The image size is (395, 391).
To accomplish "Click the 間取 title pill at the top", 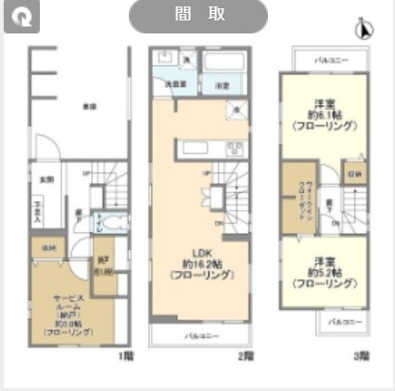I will (197, 16).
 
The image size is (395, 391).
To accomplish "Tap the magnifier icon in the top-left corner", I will (21, 18).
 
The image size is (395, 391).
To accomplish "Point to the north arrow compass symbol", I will (364, 29).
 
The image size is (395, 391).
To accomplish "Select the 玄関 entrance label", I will (45, 178).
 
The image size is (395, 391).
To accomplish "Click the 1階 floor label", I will (125, 356).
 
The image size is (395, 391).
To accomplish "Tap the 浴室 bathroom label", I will (223, 85).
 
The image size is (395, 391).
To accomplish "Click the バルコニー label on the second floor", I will (200, 335).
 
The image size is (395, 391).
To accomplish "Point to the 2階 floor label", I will (246, 356).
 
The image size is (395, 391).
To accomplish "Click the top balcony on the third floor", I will (330, 59).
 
